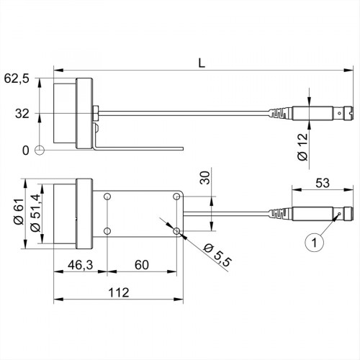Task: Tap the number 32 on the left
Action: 23,113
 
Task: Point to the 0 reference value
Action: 26,150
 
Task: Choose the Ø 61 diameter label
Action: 16,215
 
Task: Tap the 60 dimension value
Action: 140,266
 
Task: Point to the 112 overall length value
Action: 115,292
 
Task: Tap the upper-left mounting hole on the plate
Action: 107,197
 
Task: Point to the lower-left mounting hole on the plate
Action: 107,231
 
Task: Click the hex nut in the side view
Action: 96,113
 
